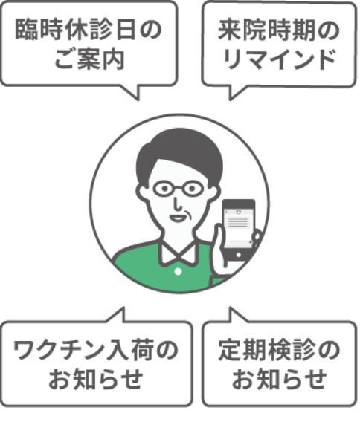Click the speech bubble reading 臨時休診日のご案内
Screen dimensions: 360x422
89,45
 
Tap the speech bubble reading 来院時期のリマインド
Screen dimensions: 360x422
279,45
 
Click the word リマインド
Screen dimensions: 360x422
280,59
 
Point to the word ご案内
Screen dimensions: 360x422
89,59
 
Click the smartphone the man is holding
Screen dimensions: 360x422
238,231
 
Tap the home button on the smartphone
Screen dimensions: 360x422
239,255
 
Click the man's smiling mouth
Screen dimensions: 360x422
178,218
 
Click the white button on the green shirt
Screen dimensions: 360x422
178,272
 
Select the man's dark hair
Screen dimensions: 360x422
179,153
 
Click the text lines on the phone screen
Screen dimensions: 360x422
238,223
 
